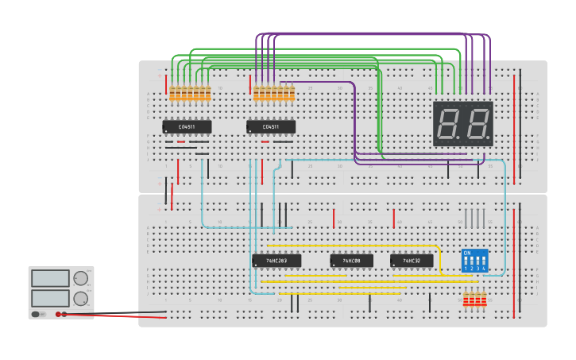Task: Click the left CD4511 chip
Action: click(187, 126)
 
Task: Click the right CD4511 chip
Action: click(271, 126)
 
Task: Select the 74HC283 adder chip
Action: click(276, 261)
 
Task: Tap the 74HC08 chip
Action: click(351, 261)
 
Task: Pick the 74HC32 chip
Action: click(412, 261)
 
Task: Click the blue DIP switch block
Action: click(474, 261)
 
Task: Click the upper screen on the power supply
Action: click(51, 278)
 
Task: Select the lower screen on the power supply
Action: click(51, 298)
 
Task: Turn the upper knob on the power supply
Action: click(81, 278)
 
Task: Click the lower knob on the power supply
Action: click(81, 299)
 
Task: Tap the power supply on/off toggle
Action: click(36, 314)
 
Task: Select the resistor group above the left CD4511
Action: click(190, 95)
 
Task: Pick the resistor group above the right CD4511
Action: click(274, 95)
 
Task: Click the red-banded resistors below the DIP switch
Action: click(474, 300)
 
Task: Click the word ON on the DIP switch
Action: click(466, 253)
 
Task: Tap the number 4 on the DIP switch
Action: click(483, 269)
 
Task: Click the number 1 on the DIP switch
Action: click(466, 269)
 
